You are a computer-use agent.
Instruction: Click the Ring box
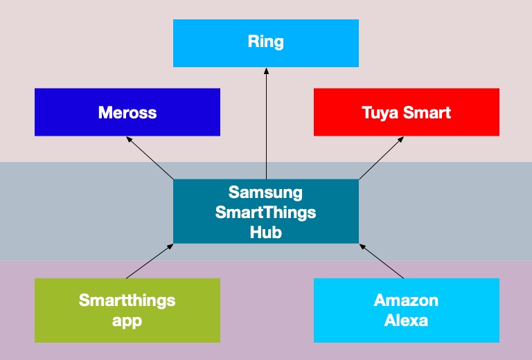(265, 43)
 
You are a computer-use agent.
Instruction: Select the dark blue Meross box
(127, 112)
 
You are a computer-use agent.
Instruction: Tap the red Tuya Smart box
(406, 112)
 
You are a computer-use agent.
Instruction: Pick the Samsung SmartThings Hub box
(265, 211)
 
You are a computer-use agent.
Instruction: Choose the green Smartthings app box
(127, 310)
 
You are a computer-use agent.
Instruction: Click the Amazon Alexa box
(406, 310)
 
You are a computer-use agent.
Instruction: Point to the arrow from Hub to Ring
(266, 125)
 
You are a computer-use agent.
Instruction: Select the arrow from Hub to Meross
(150, 158)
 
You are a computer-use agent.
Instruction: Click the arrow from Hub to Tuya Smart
(381, 158)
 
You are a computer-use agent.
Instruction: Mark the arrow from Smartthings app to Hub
(150, 261)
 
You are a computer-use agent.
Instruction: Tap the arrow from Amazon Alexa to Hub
(382, 261)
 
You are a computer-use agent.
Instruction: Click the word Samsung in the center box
(265, 191)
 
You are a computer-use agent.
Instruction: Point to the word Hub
(265, 232)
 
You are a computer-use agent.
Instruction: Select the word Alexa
(406, 321)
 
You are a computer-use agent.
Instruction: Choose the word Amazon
(406, 300)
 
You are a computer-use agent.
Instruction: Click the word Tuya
(381, 112)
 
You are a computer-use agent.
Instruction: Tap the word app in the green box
(127, 321)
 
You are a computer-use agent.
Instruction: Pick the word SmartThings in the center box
(265, 212)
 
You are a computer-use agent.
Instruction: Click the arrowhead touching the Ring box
(266, 71)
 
